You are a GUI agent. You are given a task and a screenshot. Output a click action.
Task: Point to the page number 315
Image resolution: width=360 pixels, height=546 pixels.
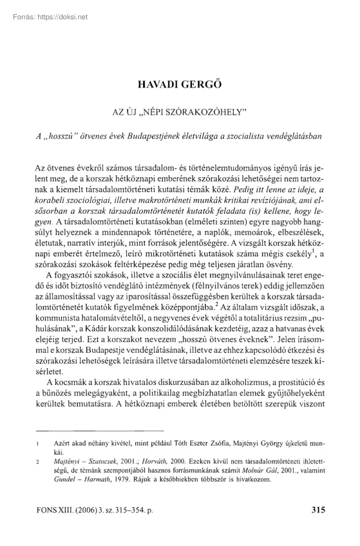pyautogui.click(x=317, y=509)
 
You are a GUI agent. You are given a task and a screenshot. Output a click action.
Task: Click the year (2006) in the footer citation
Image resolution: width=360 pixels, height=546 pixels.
pyautogui.click(x=79, y=509)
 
